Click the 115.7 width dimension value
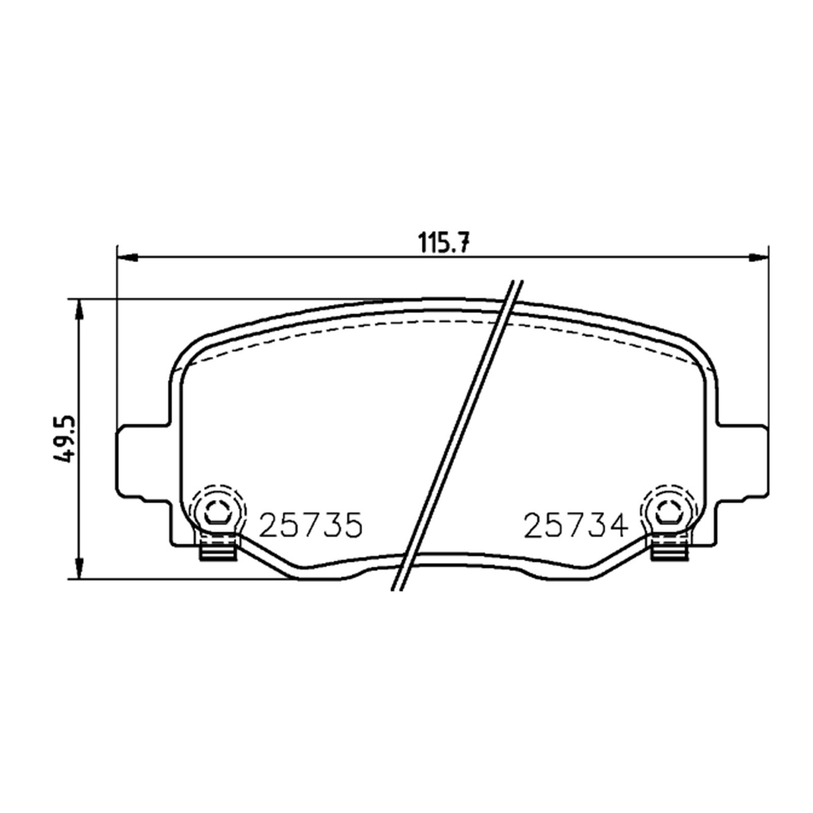pyautogui.click(x=443, y=242)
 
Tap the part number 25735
pyautogui.click(x=311, y=525)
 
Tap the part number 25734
pyautogui.click(x=576, y=525)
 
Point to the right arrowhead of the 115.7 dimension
pyautogui.click(x=758, y=257)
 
